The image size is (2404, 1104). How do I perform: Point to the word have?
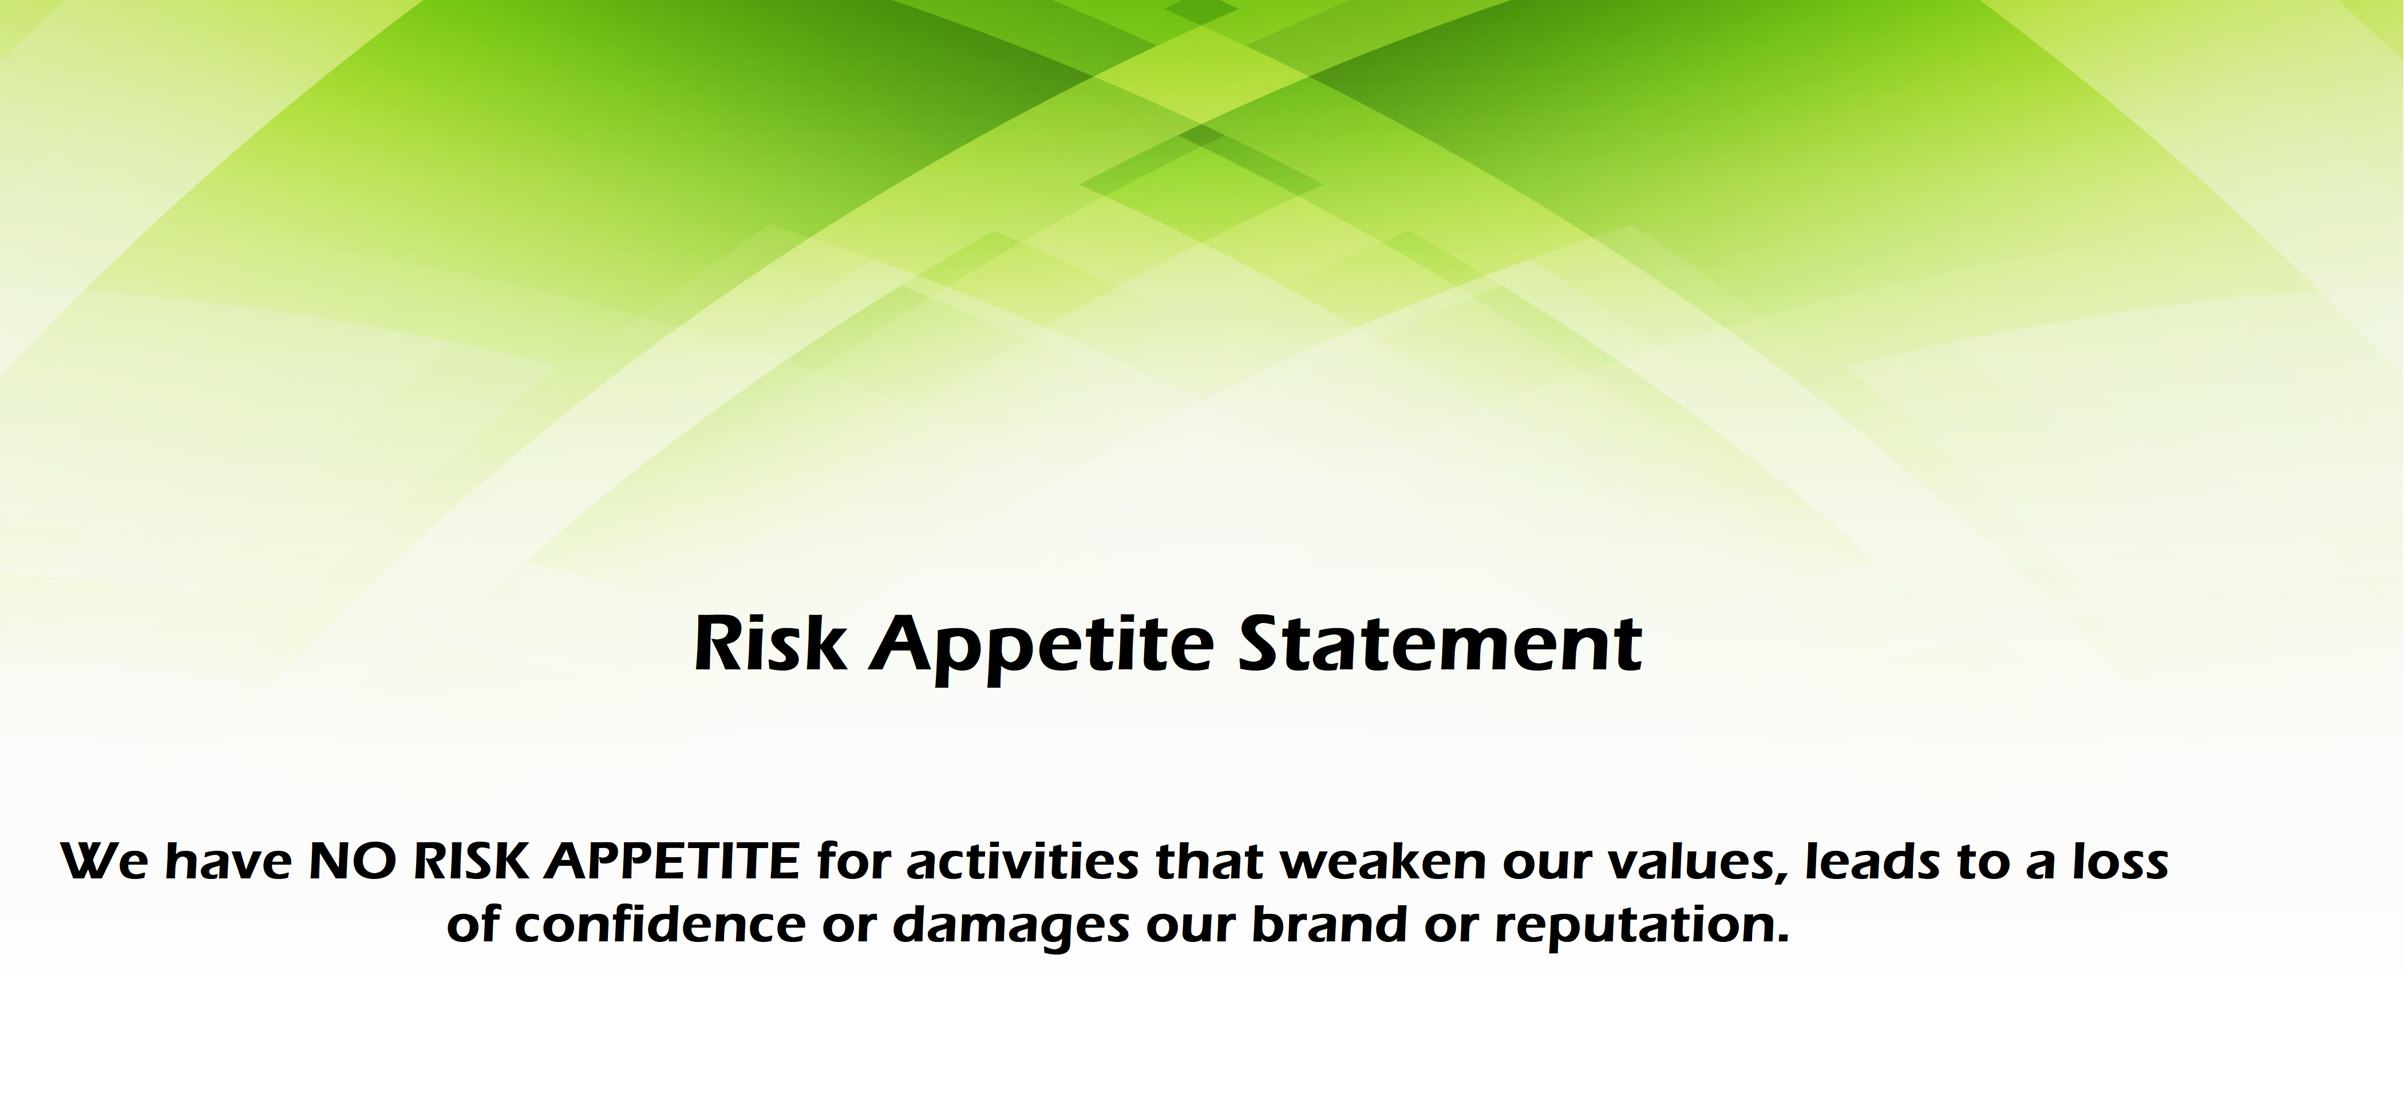click(x=228, y=861)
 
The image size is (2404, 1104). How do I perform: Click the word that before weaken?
click(x=1209, y=861)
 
